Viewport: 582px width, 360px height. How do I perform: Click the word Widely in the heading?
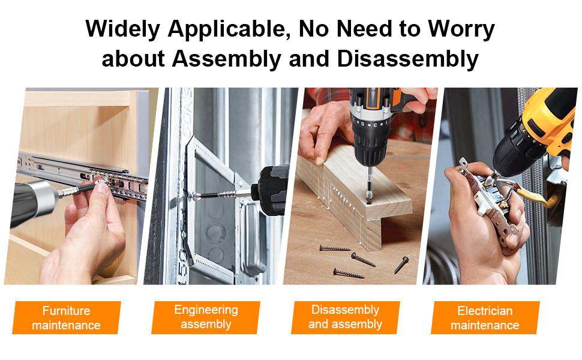pyautogui.click(x=123, y=29)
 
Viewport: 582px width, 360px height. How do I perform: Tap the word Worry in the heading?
pyautogui.click(x=461, y=29)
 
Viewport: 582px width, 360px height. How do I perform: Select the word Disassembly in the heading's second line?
pyautogui.click(x=408, y=59)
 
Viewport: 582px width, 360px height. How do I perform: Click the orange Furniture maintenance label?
pyautogui.click(x=67, y=317)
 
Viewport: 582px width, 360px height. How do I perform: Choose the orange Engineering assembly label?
pyautogui.click(x=206, y=317)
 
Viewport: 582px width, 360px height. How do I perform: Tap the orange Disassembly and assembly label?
pyautogui.click(x=345, y=317)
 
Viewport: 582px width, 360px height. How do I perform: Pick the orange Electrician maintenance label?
pyautogui.click(x=485, y=317)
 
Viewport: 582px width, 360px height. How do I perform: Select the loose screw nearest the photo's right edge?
pyautogui.click(x=401, y=265)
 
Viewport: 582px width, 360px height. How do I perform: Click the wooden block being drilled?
pyautogui.click(x=356, y=193)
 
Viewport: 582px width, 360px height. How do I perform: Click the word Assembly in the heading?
pyautogui.click(x=227, y=59)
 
